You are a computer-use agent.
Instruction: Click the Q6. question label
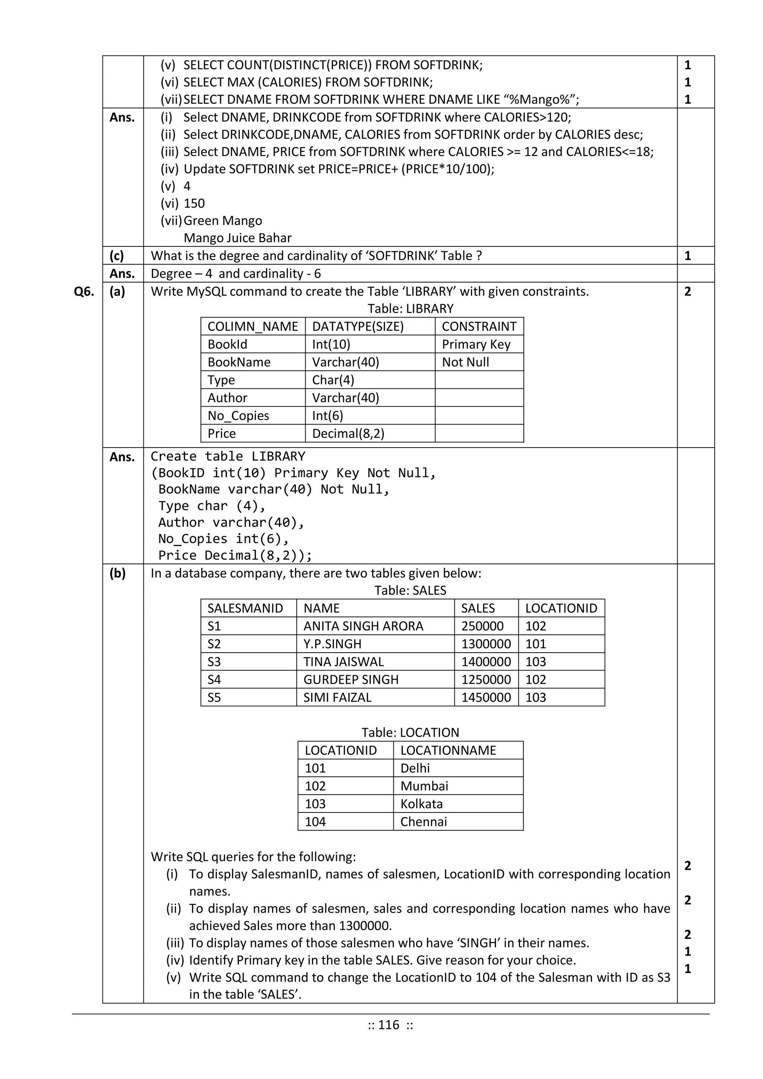pos(84,292)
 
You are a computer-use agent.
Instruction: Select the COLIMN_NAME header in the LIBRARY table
pos(253,326)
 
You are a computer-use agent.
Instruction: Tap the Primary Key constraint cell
pos(476,344)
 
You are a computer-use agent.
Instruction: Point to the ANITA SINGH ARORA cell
pos(363,627)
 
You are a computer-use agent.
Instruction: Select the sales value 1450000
pos(486,697)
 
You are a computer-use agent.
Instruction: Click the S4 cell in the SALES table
pos(214,679)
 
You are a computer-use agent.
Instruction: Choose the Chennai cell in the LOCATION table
pos(423,822)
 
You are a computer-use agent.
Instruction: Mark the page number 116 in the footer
pos(389,1025)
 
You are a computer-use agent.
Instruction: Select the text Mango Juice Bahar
pos(238,238)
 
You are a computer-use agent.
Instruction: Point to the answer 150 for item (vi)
pos(194,204)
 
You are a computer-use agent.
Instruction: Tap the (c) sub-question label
pos(117,256)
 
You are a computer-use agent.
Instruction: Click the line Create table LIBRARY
pos(228,456)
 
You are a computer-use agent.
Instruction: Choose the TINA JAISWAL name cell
pos(343,662)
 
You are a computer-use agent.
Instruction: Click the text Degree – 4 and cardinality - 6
pos(236,274)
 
